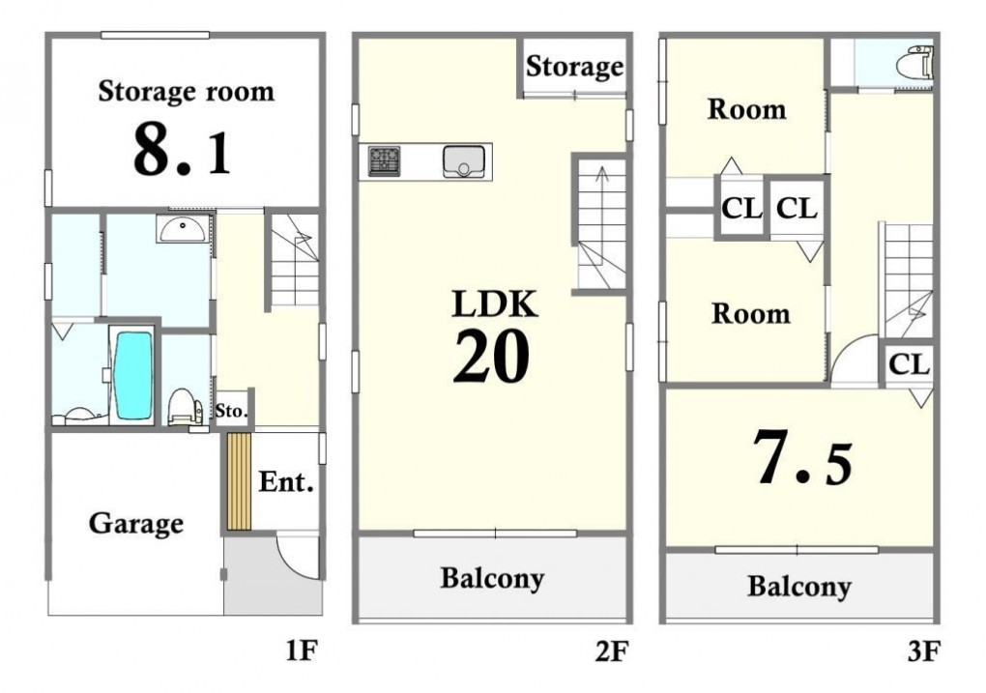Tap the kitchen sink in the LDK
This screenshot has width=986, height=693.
point(463,161)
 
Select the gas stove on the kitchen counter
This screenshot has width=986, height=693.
point(384,161)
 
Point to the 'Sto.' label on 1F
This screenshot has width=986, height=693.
point(231,412)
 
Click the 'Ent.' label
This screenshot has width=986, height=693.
point(286,482)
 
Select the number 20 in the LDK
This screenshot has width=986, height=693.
point(491,357)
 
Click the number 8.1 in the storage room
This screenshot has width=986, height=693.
point(183,151)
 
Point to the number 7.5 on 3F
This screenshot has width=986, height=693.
point(803,458)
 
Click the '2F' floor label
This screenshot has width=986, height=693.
point(611,650)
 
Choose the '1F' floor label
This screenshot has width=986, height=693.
point(302,650)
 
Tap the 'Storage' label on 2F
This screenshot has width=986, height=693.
point(575,66)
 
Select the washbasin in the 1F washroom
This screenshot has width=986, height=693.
point(182,229)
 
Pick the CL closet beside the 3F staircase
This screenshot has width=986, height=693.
point(909,362)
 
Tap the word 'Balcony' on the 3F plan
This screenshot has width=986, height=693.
point(799,587)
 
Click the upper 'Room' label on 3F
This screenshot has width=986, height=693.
point(747,109)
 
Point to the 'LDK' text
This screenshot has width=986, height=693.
point(495,304)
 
